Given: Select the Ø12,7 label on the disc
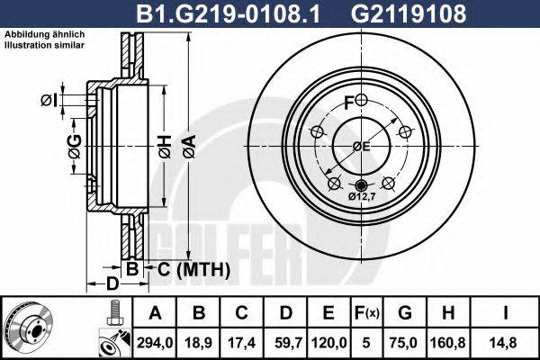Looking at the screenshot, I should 361,196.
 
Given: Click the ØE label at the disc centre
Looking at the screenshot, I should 361,146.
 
